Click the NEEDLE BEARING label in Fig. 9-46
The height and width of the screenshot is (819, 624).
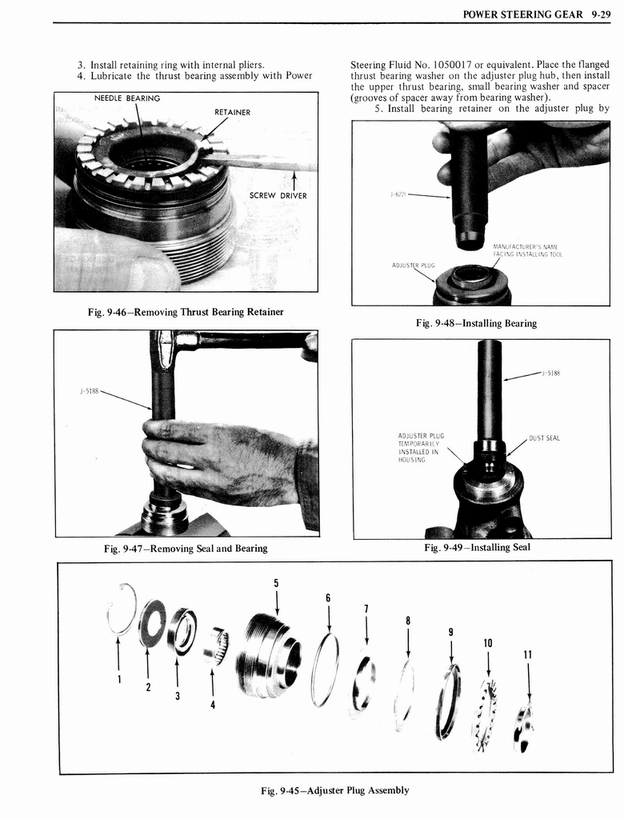126,98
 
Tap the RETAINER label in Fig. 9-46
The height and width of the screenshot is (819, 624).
232,112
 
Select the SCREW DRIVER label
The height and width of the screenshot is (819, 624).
278,195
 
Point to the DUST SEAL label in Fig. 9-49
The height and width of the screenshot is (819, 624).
544,437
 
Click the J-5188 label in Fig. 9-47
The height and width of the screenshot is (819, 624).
90,391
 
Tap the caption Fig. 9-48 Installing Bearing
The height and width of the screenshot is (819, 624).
476,323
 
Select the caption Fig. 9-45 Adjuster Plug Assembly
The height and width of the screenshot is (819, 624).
334,790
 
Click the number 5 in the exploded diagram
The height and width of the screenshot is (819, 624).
276,582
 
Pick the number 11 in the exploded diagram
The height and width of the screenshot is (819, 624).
527,653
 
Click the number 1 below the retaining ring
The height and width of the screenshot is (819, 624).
118,679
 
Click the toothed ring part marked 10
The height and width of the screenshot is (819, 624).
484,714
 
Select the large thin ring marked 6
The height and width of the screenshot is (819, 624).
325,669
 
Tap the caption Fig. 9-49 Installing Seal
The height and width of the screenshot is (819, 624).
477,547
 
